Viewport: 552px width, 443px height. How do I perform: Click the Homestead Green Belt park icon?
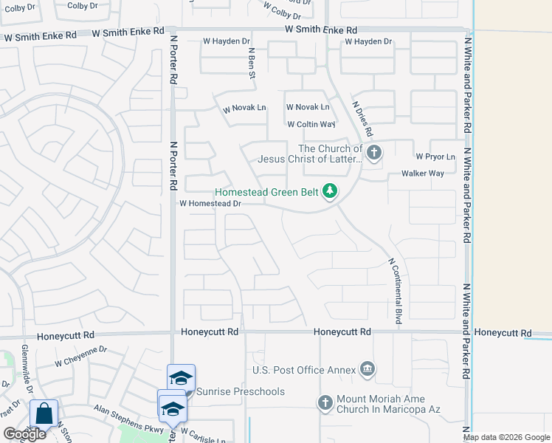pos(329,192)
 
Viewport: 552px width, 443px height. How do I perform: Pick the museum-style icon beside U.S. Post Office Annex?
pos(368,369)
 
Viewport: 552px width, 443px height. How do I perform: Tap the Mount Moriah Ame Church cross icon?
pos(325,402)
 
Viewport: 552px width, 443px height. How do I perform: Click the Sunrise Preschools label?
pos(241,391)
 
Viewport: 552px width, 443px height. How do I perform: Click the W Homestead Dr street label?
pos(210,203)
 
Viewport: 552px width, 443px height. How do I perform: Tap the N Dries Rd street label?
pos(362,120)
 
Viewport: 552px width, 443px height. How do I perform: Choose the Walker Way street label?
pos(422,174)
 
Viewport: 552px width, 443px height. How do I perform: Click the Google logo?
pos(24,434)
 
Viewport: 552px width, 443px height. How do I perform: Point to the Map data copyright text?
pos(506,437)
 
